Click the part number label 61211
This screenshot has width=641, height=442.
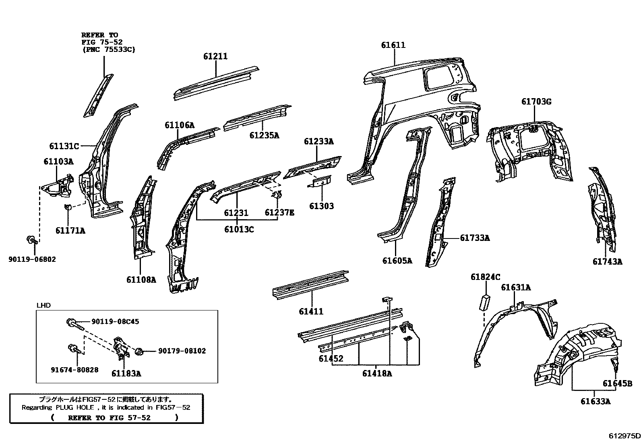click(x=215, y=57)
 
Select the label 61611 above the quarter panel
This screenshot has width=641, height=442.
click(x=393, y=45)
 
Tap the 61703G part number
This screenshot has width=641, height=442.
click(x=536, y=102)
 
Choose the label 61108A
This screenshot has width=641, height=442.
click(x=141, y=280)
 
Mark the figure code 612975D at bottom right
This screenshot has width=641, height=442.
click(x=624, y=435)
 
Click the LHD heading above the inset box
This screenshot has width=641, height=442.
click(x=43, y=305)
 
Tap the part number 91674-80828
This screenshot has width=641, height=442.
click(x=74, y=370)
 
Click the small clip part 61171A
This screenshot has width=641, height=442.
click(x=68, y=208)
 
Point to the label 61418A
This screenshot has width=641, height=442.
click(x=377, y=373)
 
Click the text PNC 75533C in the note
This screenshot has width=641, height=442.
click(x=108, y=49)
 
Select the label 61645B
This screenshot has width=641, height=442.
click(x=617, y=384)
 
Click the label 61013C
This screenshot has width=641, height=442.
click(x=239, y=230)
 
